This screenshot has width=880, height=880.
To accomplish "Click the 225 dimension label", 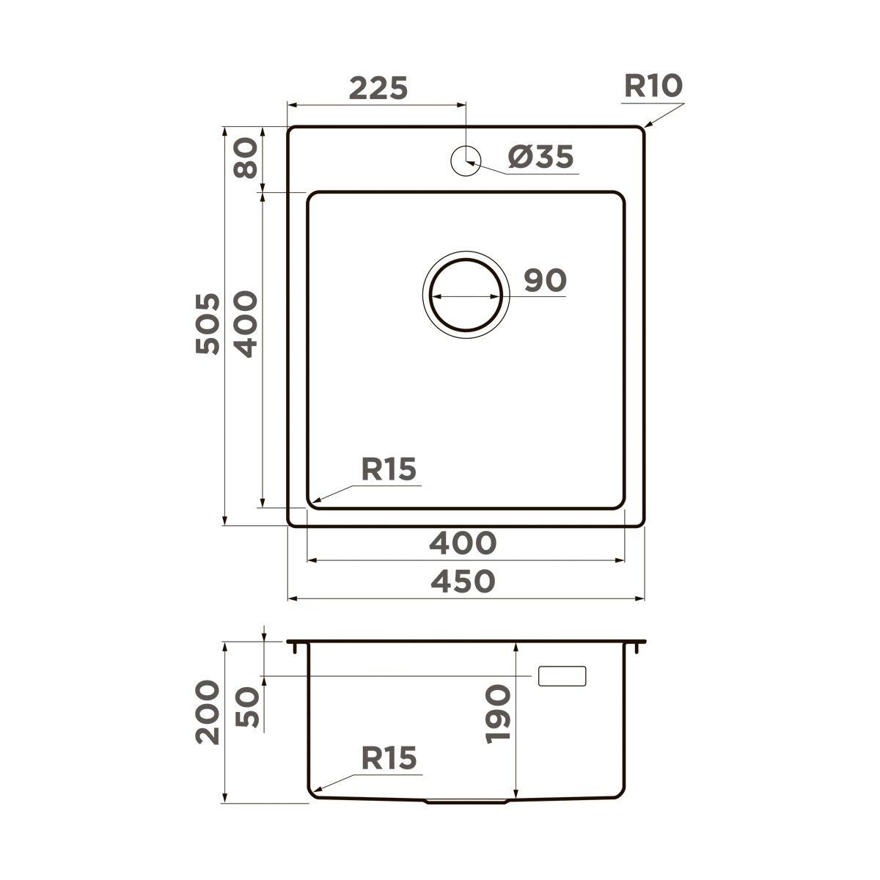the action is tap(378, 88).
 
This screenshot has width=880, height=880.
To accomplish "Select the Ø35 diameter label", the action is tap(540, 157).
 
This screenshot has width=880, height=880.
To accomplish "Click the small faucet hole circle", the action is tap(466, 161).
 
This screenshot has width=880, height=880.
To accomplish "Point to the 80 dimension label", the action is tap(246, 158).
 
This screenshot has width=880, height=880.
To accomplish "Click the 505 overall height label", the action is tap(208, 323).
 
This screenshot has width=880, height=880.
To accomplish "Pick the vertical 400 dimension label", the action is tap(246, 324).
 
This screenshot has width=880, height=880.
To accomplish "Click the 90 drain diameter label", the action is tap(546, 280).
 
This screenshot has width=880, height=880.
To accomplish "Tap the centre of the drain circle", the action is tap(466, 295).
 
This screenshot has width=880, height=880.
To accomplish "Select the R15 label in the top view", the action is tap(389, 469).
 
